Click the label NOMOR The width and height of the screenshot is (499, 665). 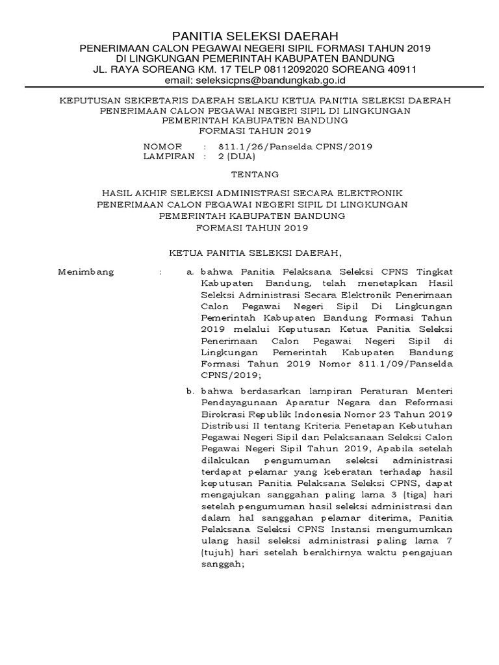point(162,147)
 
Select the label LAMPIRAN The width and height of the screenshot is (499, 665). point(169,157)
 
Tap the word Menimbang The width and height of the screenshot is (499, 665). point(86,271)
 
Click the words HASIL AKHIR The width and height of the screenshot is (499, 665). point(137,193)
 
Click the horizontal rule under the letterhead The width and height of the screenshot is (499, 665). point(249,88)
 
